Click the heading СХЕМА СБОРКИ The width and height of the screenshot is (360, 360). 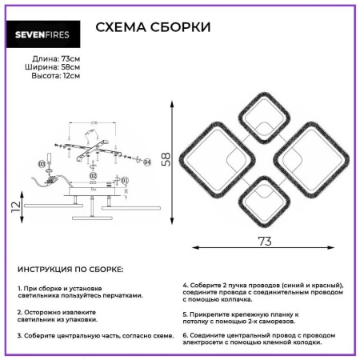(x=153, y=28)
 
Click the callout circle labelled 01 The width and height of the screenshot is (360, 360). (x=125, y=181)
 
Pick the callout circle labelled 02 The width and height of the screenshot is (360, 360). (x=93, y=175)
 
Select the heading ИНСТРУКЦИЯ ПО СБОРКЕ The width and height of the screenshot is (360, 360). (x=70, y=270)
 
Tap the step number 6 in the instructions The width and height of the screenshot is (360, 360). (x=184, y=334)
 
